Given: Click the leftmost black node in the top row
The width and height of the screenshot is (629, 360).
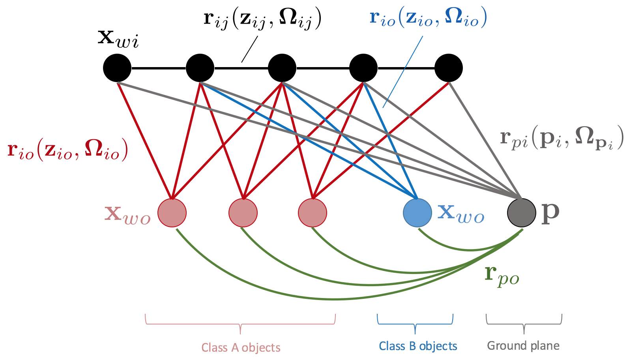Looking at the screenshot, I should coord(117,68).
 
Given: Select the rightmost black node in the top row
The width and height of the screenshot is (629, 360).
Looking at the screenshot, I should coord(448,68).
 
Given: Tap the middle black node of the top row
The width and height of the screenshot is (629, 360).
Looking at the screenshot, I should coord(282,68).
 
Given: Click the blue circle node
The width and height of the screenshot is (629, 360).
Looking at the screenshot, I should coord(417,213).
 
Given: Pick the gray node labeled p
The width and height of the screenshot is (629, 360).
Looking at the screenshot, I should coord(521,213).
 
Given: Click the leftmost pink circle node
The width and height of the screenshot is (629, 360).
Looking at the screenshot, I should coord(172,213).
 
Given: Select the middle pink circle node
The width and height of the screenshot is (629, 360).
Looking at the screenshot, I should coord(243,213).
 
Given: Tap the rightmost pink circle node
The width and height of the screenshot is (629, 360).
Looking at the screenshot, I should coord(313,213).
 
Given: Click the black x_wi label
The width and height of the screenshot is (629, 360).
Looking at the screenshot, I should coord(118,39).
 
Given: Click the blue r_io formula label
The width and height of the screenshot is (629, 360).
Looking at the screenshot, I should coord(428,17).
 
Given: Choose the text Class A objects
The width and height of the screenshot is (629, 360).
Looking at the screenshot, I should coord(241,347).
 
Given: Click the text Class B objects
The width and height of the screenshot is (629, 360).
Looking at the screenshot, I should coord(418,346).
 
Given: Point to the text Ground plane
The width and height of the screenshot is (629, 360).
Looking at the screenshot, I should coord(523,346).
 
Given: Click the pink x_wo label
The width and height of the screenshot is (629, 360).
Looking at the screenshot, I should coord(127,214).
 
